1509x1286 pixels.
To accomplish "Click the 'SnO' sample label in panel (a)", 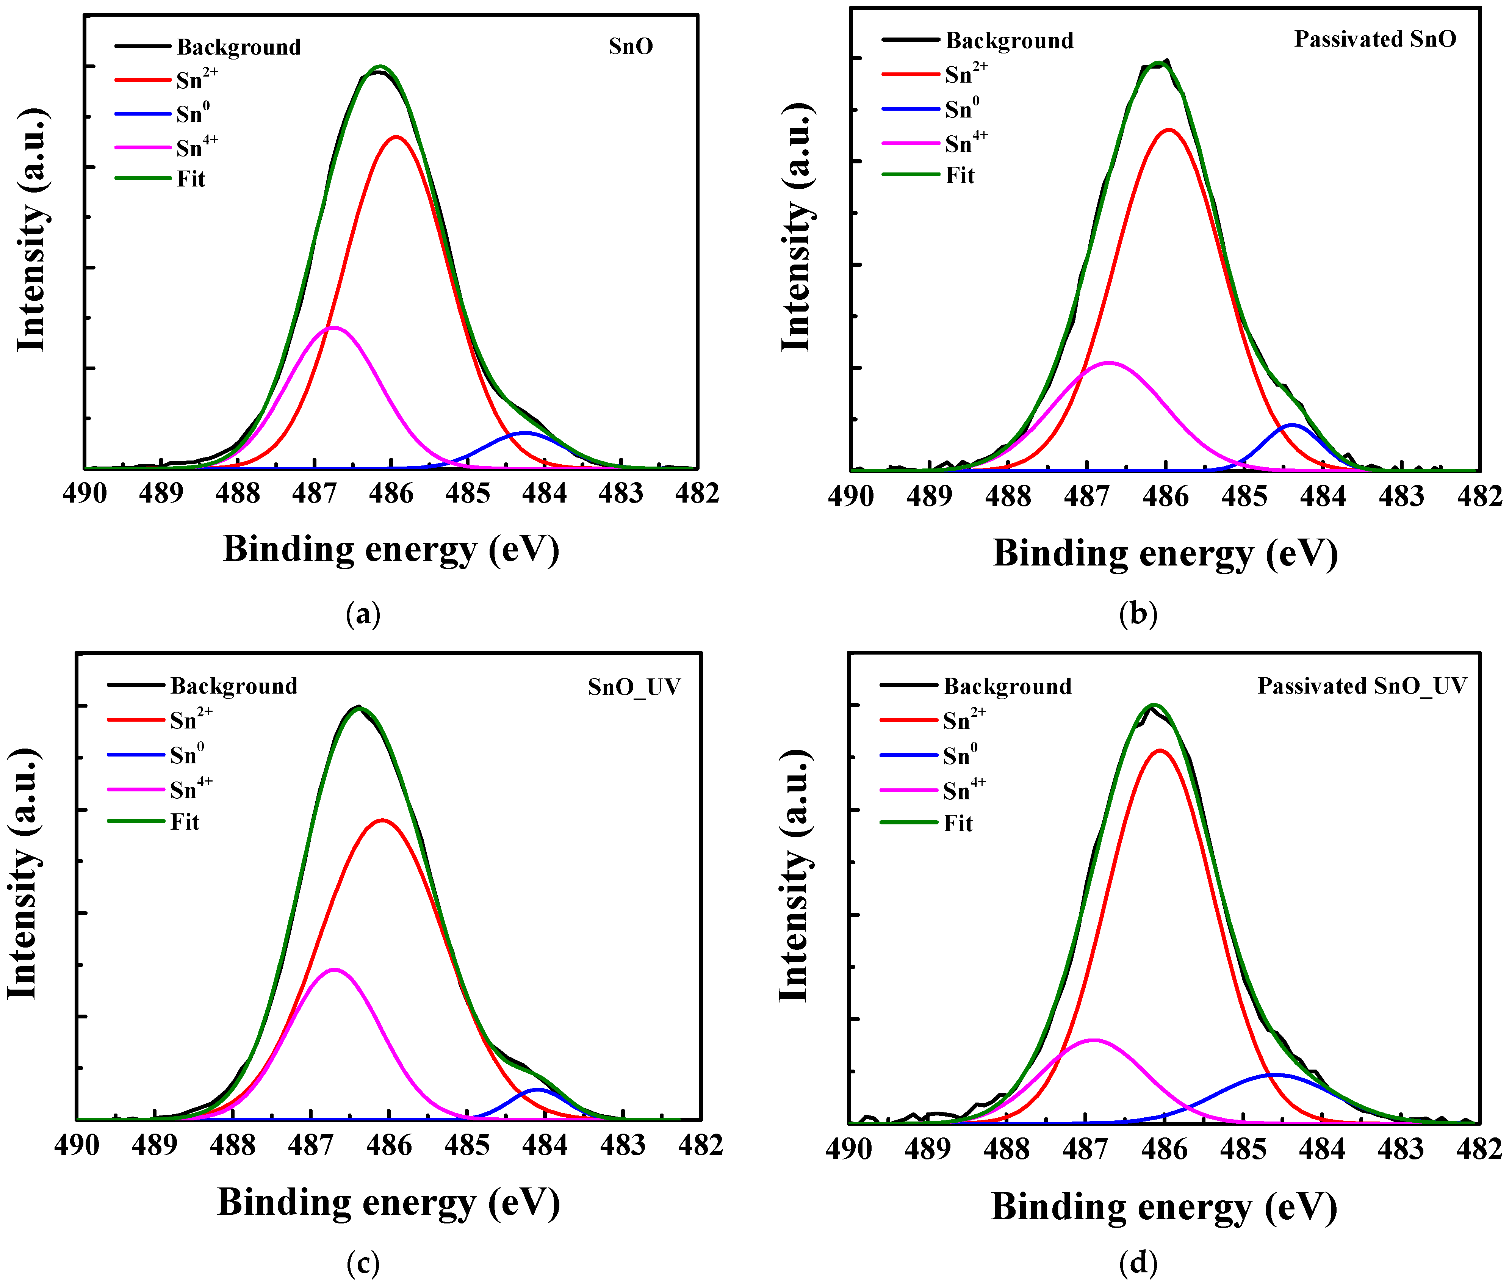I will [x=631, y=47].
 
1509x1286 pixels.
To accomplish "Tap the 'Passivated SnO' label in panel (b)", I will [x=1374, y=39].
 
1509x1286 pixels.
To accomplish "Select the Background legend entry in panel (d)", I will [x=1007, y=687].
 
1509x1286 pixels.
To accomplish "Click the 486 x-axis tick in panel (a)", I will [x=391, y=494].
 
